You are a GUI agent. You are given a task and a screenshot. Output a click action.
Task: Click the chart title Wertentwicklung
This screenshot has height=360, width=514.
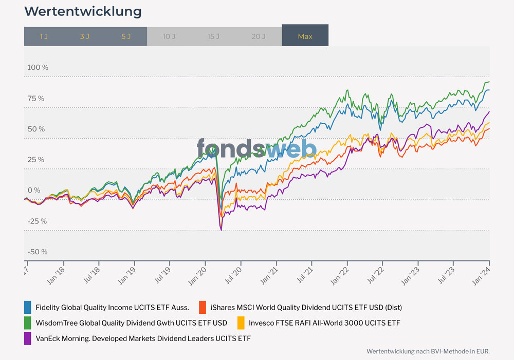[x=83, y=11]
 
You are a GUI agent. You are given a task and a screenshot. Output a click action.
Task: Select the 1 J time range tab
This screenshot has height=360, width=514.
[x=44, y=36]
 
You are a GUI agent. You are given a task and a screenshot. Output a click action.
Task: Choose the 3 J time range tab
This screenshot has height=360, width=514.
[x=85, y=36]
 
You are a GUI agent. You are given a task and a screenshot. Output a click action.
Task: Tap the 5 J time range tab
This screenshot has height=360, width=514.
[x=126, y=36]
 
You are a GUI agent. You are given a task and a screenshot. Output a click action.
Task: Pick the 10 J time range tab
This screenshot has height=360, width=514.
[x=169, y=36]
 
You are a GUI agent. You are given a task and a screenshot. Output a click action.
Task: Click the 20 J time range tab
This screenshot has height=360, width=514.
[x=259, y=36]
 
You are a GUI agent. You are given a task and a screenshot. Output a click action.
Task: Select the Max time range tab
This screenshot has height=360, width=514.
[x=305, y=36]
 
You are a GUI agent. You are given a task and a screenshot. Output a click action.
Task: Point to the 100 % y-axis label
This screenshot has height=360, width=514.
[x=38, y=68]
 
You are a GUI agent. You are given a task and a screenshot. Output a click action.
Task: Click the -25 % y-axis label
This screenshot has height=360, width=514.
[x=37, y=221]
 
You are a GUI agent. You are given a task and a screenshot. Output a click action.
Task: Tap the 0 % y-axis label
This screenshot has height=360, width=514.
[x=34, y=191]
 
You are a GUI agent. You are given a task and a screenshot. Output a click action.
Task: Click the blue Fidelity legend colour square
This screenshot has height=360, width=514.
[x=28, y=308]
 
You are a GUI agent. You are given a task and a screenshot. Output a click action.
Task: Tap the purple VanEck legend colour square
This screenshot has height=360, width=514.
[x=28, y=338]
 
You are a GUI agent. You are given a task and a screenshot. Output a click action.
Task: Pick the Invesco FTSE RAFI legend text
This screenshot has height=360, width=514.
[x=324, y=323]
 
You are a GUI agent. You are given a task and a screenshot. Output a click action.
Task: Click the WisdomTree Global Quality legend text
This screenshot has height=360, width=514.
[x=131, y=323]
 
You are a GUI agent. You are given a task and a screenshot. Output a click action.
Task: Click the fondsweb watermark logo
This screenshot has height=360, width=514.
[x=256, y=148]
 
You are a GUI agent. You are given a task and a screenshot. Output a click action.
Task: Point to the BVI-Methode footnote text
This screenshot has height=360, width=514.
[x=428, y=351]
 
